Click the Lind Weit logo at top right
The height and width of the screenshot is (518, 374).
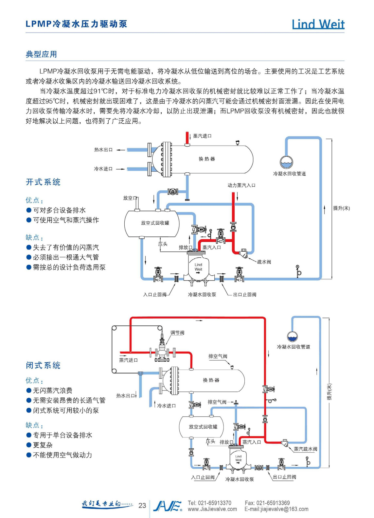(x=318, y=24)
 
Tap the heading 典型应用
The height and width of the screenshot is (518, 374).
(x=41, y=54)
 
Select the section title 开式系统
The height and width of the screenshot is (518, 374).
(x=43, y=182)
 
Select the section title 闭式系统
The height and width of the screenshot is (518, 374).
(x=43, y=365)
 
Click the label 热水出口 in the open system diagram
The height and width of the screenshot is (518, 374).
(x=103, y=150)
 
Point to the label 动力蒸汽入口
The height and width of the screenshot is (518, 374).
(x=241, y=185)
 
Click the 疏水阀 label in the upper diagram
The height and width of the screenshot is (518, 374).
(x=264, y=262)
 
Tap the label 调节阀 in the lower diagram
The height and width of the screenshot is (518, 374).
(x=177, y=333)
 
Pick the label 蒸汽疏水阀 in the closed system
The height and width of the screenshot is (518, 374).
(x=306, y=449)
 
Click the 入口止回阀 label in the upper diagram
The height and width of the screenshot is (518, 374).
(x=155, y=295)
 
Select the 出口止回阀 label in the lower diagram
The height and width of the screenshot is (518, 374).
(x=284, y=477)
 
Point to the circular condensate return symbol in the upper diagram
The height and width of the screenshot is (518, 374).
(x=286, y=162)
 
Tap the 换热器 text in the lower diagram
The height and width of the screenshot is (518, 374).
(x=211, y=380)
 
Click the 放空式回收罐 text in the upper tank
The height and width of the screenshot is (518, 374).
(x=155, y=223)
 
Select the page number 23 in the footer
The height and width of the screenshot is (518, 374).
(x=142, y=506)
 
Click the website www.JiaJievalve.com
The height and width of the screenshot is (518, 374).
(x=212, y=509)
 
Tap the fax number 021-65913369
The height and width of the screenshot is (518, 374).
(x=273, y=503)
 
